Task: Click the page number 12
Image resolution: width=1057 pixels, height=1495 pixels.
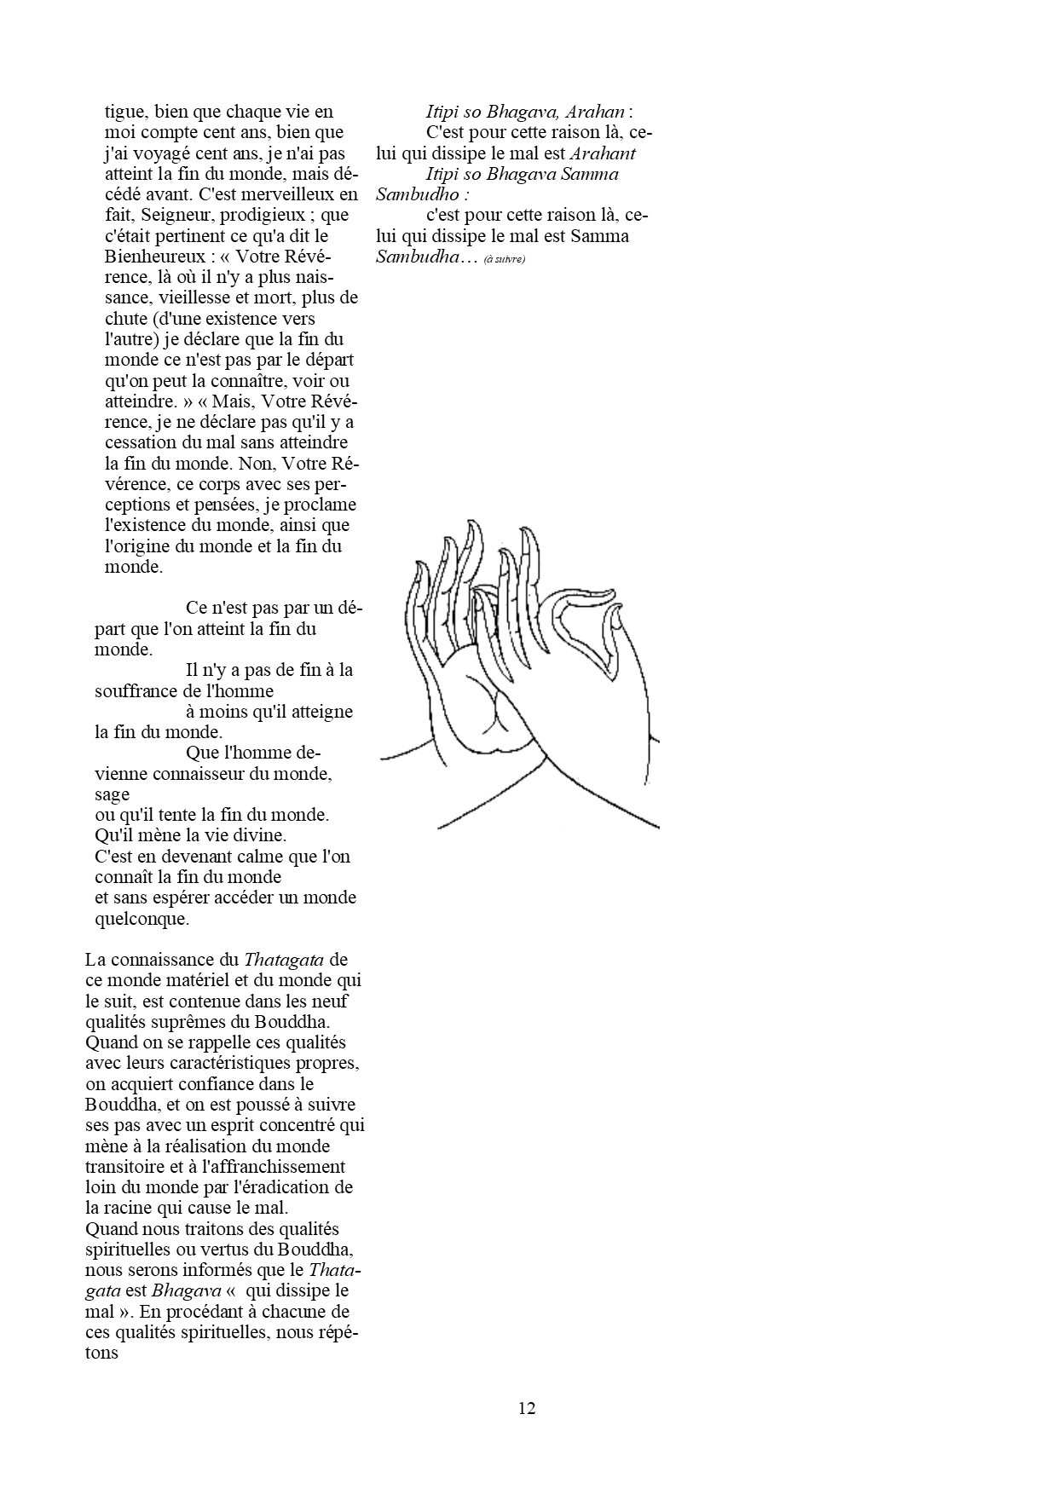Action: click(527, 1407)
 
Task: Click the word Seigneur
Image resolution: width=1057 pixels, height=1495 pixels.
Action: click(179, 215)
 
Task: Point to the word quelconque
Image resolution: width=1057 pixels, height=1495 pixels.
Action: click(141, 919)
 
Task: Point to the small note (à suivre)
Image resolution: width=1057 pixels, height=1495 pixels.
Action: click(505, 259)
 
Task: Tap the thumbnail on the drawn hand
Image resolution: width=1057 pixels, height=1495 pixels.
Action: click(616, 624)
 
